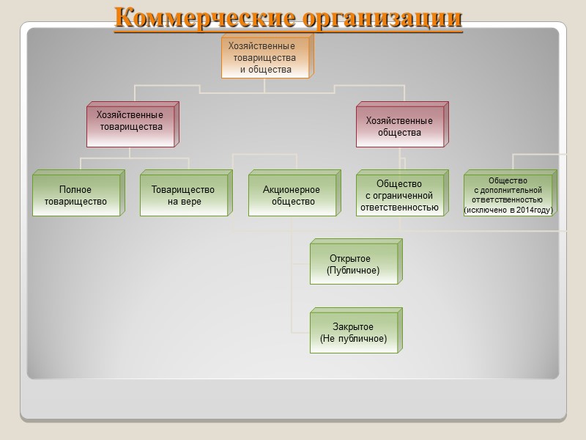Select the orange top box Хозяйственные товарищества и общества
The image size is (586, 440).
pyautogui.click(x=265, y=58)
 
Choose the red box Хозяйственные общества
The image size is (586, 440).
pyautogui.click(x=399, y=127)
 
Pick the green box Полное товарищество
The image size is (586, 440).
pyautogui.click(x=75, y=195)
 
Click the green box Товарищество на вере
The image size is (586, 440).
pyautogui.click(x=183, y=195)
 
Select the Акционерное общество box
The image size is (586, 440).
pyautogui.click(x=292, y=195)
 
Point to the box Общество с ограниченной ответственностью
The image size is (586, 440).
pyautogui.click(x=399, y=195)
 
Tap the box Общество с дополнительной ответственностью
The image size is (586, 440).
pyautogui.click(x=508, y=195)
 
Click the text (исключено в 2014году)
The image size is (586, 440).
pyautogui.click(x=508, y=210)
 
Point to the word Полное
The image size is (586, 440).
pyautogui.click(x=75, y=190)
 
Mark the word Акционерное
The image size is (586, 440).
pyautogui.click(x=292, y=190)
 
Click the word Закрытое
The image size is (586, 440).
pyautogui.click(x=353, y=327)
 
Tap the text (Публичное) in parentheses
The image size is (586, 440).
pyautogui.click(x=353, y=271)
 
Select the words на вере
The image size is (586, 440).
pyautogui.click(x=183, y=202)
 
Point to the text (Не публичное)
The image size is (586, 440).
pyautogui.click(x=353, y=339)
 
